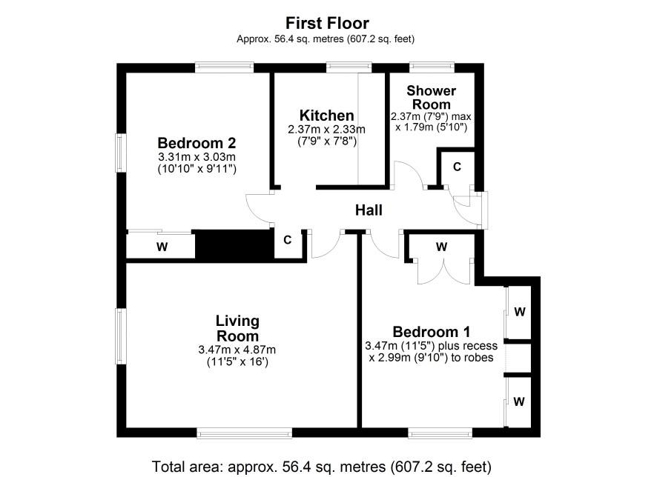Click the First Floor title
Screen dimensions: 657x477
327,23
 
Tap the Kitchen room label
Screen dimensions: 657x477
327,115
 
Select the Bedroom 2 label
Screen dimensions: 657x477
197,143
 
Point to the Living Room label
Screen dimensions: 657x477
237,328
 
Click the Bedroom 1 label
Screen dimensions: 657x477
432,332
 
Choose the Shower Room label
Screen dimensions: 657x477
431,98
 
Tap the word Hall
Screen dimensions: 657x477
369,210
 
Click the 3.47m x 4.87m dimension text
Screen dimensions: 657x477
237,350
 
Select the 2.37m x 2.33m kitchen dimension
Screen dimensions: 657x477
327,130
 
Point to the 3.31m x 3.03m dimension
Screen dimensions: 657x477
197,157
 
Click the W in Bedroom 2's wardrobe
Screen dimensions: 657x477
162,247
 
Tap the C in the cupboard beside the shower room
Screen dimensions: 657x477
457,167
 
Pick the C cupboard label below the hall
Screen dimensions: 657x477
288,240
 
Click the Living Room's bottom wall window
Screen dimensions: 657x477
244,433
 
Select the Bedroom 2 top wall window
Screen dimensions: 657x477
224,67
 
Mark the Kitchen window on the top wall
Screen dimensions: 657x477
349,67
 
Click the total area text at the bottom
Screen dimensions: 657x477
321,466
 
